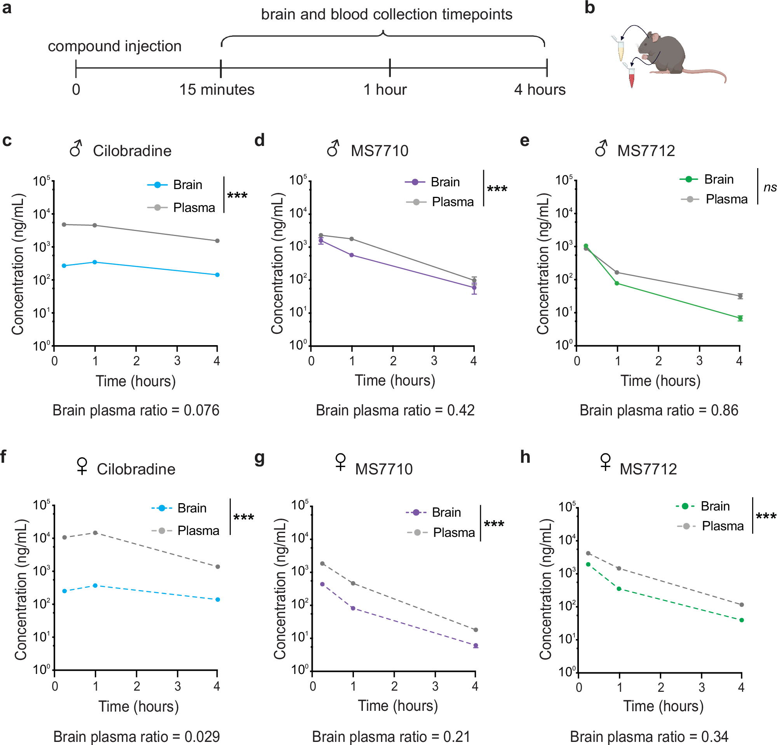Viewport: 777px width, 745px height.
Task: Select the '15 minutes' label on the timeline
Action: tap(216, 90)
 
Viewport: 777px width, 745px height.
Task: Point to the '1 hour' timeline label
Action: tap(385, 90)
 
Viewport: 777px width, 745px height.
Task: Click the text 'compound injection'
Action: tap(115, 46)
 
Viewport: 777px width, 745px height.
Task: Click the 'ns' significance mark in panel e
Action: tap(770, 188)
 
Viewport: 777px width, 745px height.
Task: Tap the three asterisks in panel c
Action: tap(237, 196)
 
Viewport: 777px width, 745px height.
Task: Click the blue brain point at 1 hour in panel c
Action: tap(95, 262)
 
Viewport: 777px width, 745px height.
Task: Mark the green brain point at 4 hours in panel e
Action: tap(740, 318)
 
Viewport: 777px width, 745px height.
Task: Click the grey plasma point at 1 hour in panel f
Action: tap(95, 533)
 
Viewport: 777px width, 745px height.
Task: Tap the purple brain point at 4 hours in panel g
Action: tap(476, 646)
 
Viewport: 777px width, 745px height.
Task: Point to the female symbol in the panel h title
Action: tap(605, 462)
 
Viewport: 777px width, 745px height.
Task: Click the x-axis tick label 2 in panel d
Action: tap(393, 361)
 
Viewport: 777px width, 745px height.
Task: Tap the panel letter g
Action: tap(259, 458)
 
